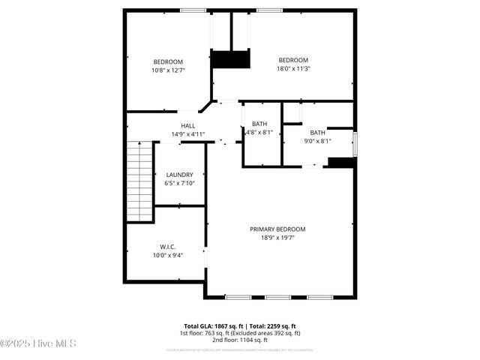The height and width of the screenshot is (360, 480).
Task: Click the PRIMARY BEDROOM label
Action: pyautogui.click(x=277, y=229)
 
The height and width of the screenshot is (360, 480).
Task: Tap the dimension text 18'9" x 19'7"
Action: pyautogui.click(x=277, y=238)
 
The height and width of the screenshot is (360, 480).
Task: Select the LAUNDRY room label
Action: pyautogui.click(x=179, y=174)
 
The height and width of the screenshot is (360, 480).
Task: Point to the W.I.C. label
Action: pyautogui.click(x=167, y=246)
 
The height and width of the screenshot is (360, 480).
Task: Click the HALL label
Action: pyautogui.click(x=187, y=125)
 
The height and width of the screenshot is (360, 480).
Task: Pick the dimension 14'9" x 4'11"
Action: pyautogui.click(x=187, y=134)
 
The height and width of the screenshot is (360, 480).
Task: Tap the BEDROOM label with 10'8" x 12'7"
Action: pyautogui.click(x=168, y=61)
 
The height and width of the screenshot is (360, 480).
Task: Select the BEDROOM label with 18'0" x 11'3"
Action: pyautogui.click(x=293, y=60)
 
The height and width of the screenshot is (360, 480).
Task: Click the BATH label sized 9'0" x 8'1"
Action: pyautogui.click(x=318, y=132)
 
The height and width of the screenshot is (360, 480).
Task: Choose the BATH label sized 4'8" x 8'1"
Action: pyautogui.click(x=259, y=124)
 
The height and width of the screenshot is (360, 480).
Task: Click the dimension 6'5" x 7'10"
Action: pyautogui.click(x=179, y=183)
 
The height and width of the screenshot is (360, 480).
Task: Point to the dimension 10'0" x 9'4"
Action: pyautogui.click(x=167, y=255)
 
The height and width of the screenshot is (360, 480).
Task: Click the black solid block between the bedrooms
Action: pyautogui.click(x=230, y=59)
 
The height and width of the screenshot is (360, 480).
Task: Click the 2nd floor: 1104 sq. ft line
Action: pyautogui.click(x=241, y=340)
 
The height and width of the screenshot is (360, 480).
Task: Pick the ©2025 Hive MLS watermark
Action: pyautogui.click(x=38, y=343)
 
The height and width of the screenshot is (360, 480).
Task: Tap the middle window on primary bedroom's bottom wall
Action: pyautogui.click(x=277, y=297)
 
